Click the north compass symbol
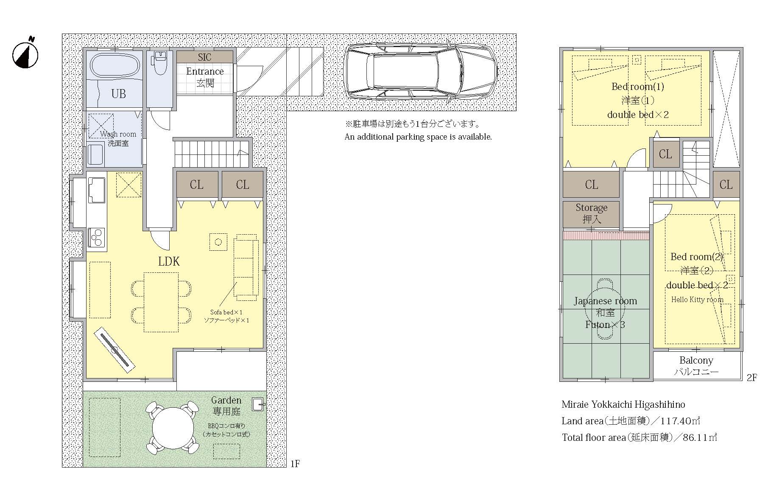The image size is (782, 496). [25, 54]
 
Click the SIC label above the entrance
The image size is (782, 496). [204, 57]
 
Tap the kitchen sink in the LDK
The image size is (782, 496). [97, 191]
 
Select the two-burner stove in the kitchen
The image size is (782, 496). [97, 237]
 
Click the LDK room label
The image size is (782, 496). [169, 261]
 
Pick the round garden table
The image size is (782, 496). [173, 428]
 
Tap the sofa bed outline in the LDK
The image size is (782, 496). [246, 267]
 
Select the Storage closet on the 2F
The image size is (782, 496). [591, 213]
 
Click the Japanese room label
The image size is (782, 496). [605, 301]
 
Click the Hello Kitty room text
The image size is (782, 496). [697, 300]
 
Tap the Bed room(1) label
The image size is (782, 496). [637, 87]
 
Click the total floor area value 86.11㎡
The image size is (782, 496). [700, 437]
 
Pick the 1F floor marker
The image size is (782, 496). [295, 464]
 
